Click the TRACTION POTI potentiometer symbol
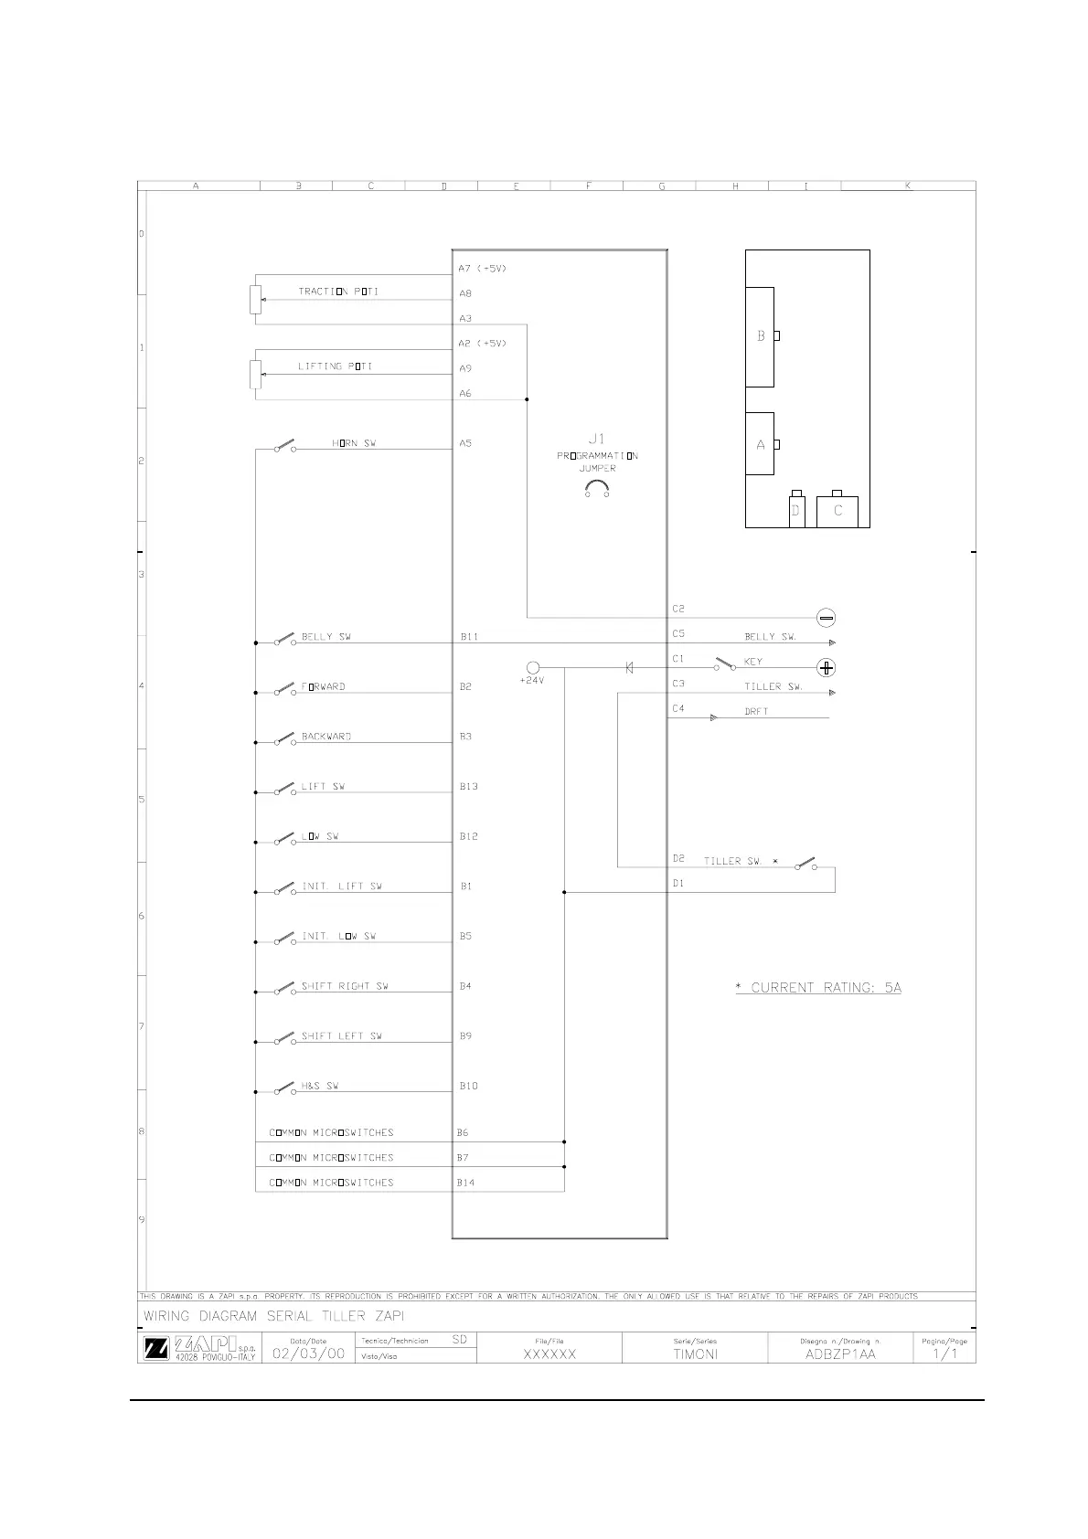tap(256, 299)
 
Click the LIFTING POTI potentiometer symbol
tap(256, 374)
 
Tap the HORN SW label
tap(354, 443)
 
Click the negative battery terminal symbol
tap(826, 618)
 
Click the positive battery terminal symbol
tap(826, 668)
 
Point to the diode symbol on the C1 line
tap(629, 668)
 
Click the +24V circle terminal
tap(533, 668)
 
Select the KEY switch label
tap(753, 662)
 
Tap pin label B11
tap(469, 637)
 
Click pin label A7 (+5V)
tap(482, 269)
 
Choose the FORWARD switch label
tap(324, 686)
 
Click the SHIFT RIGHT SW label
tap(345, 986)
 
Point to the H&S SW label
tap(320, 1086)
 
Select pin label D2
tap(678, 859)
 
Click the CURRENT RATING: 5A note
tap(818, 987)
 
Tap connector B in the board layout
tap(761, 336)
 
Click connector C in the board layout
tap(837, 511)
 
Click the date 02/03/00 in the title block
tap(308, 1353)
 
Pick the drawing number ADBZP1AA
tap(840, 1354)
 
